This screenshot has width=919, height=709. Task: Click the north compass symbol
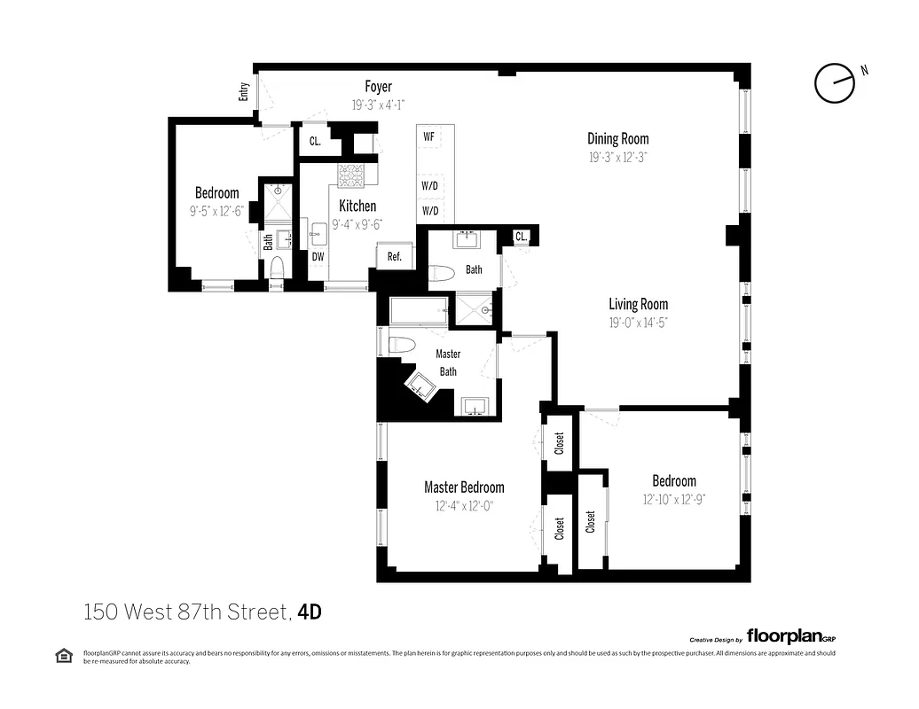835,83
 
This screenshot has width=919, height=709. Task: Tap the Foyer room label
378,87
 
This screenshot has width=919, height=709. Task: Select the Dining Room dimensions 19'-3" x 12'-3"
617,157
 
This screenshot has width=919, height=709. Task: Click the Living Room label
638,305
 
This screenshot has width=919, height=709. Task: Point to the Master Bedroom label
464,487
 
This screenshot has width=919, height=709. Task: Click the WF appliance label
428,136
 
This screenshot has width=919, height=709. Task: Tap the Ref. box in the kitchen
395,257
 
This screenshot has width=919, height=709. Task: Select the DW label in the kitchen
317,257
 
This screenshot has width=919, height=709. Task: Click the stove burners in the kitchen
351,175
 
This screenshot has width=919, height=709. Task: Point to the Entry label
244,91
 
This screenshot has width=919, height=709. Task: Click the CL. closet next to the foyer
315,141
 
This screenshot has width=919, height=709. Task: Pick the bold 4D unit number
309,612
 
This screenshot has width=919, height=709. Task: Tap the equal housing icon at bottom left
64,656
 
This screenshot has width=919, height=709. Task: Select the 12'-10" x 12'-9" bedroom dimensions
673,499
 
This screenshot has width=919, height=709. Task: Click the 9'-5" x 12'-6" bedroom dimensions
216,212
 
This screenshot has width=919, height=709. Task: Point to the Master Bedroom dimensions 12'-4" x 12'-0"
464,506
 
